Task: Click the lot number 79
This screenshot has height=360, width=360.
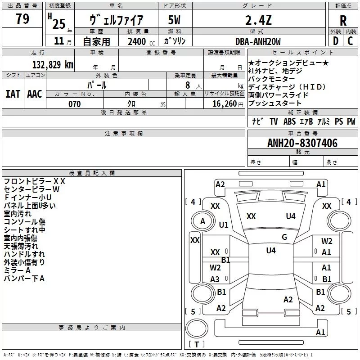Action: tap(22, 18)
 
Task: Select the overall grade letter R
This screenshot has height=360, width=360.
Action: tap(343, 21)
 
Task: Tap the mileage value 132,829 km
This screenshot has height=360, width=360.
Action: tap(53, 64)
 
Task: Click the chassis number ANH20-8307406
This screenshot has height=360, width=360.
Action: tap(302, 143)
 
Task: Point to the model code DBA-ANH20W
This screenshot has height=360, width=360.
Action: tap(258, 41)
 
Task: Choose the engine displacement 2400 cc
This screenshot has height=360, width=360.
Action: tap(141, 41)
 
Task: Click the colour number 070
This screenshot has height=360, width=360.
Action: tap(75, 104)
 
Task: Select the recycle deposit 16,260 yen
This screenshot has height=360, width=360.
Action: tap(228, 104)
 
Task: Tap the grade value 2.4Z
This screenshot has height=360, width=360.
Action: tap(258, 20)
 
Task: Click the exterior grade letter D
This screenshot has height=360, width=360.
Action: tap(336, 41)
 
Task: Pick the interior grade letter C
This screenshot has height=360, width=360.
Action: tap(350, 41)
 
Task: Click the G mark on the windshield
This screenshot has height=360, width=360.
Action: tap(284, 237)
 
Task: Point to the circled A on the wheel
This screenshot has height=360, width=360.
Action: tap(202, 221)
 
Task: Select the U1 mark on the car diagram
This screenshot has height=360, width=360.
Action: tap(224, 225)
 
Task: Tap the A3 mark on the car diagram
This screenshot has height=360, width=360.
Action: tap(215, 279)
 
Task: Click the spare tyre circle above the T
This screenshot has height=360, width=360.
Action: tap(197, 328)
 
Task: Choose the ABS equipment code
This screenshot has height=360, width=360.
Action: tap(289, 121)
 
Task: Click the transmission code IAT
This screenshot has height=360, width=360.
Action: tap(13, 94)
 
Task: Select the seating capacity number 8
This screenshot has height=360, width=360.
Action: tap(188, 85)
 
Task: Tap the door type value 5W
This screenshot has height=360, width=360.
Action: tap(174, 20)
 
